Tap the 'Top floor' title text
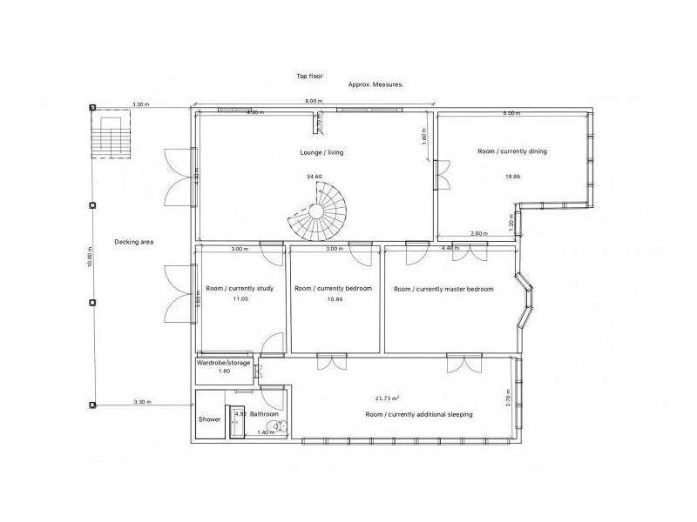click(309, 77)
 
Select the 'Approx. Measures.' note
click(376, 85)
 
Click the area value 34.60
click(314, 177)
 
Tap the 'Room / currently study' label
click(240, 288)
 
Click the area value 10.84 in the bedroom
click(334, 299)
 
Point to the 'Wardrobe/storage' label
click(224, 362)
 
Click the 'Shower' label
click(210, 419)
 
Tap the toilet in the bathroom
click(278, 426)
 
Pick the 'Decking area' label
click(134, 242)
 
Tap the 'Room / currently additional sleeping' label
click(419, 415)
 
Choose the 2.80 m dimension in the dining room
click(478, 233)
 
